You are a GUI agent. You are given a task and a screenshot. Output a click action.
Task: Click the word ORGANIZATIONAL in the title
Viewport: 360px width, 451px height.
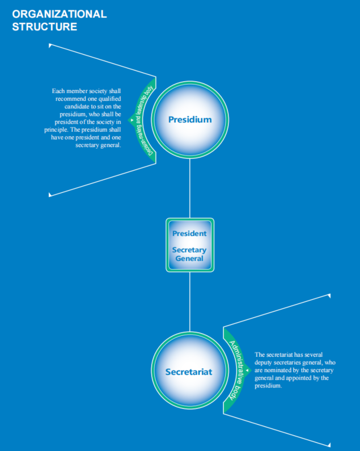pyautogui.click(x=60, y=14)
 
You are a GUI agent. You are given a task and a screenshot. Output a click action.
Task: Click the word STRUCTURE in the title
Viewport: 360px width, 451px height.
pyautogui.click(x=45, y=27)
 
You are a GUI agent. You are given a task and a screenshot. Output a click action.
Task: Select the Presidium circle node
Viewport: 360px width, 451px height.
pyautogui.click(x=190, y=120)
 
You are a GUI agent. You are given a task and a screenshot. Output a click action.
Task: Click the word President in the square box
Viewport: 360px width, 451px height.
pyautogui.click(x=189, y=233)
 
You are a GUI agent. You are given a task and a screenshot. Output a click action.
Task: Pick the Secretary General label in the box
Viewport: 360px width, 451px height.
pyautogui.click(x=189, y=254)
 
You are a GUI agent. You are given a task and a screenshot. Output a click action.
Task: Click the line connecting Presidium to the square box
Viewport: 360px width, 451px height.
pyautogui.click(x=190, y=188)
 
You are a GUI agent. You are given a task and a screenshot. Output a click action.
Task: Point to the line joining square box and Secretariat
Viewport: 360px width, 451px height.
pyautogui.click(x=190, y=302)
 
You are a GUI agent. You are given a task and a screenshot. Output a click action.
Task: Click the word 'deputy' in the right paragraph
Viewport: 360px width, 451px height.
pyautogui.click(x=263, y=363)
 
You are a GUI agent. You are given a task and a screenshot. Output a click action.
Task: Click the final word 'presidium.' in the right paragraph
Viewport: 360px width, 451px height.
pyautogui.click(x=268, y=386)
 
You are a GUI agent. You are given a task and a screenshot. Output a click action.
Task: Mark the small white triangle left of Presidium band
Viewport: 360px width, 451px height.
pyautogui.click(x=132, y=120)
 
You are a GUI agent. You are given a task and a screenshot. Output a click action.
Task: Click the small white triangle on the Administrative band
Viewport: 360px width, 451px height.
pyautogui.click(x=247, y=370)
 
